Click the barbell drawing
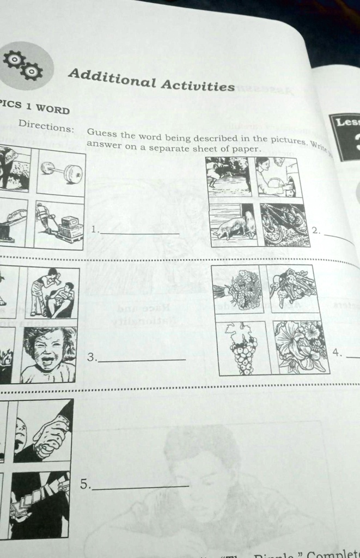pos(61,172)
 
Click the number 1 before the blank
pos(95,229)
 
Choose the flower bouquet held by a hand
pos(237,288)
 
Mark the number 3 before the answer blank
pos(91,357)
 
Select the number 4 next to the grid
pos(338,353)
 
